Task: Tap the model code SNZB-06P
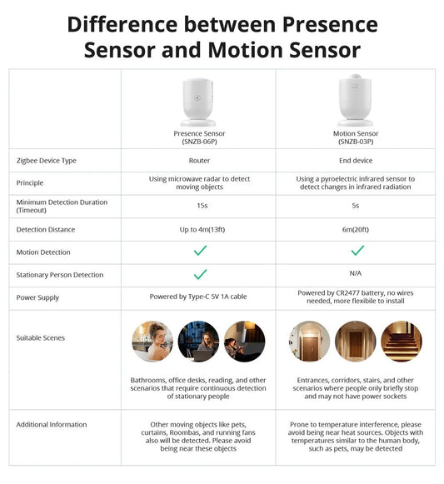click(199, 142)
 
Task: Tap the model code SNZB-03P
click(357, 142)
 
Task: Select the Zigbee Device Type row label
click(47, 161)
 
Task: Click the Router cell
click(199, 161)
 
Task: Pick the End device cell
click(357, 161)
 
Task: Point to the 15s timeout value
click(199, 206)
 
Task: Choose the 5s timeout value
click(357, 206)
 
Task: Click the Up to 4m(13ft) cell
click(199, 229)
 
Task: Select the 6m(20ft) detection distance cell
click(357, 229)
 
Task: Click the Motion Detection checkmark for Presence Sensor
click(200, 251)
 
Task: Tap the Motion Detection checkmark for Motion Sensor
click(357, 251)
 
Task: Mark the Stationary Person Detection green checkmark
click(200, 274)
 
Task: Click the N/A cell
click(357, 274)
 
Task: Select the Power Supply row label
click(37, 297)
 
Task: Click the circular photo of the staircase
click(402, 342)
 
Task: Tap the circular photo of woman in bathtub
click(152, 342)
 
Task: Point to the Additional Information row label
click(52, 425)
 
